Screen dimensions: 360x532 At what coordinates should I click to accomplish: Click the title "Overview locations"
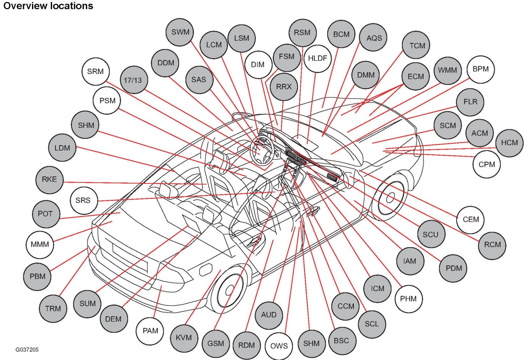pyautogui.click(x=48, y=6)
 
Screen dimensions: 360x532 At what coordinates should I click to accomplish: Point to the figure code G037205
pyautogui.click(x=27, y=350)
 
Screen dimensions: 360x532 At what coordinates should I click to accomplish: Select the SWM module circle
pyautogui.click(x=180, y=32)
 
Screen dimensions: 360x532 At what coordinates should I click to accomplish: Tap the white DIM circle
pyautogui.click(x=258, y=65)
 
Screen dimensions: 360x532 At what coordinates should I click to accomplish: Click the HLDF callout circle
pyautogui.click(x=317, y=58)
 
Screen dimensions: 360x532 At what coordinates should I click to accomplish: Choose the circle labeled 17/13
pyautogui.click(x=133, y=80)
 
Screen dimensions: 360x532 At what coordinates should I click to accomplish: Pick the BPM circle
pyautogui.click(x=480, y=69)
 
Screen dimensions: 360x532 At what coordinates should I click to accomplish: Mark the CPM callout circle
pyautogui.click(x=486, y=164)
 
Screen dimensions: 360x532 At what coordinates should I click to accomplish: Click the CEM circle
pyautogui.click(x=470, y=219)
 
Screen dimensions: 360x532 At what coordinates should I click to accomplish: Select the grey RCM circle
pyautogui.click(x=492, y=245)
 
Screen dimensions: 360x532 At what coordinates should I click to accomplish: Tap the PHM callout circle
pyautogui.click(x=408, y=299)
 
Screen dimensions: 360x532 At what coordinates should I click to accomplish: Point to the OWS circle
pyautogui.click(x=279, y=346)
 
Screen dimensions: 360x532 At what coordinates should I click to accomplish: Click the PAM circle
pyautogui.click(x=150, y=331)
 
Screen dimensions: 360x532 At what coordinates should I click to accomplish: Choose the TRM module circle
pyautogui.click(x=53, y=308)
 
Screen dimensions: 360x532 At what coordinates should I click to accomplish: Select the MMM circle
pyautogui.click(x=40, y=244)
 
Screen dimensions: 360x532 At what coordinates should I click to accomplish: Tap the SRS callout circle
pyautogui.click(x=83, y=200)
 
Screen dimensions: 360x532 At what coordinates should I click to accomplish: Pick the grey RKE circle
pyautogui.click(x=49, y=180)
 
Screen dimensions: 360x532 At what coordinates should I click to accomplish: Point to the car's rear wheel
pyautogui.click(x=230, y=290)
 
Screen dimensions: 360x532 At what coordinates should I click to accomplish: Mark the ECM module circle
pyautogui.click(x=415, y=76)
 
